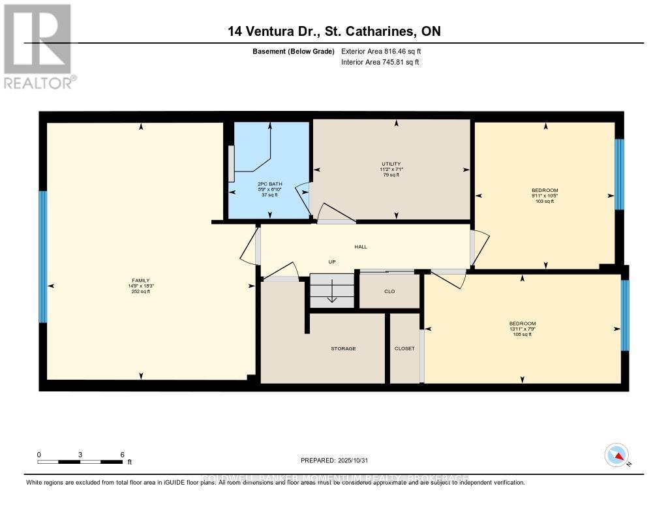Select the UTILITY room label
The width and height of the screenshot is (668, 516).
point(391,164)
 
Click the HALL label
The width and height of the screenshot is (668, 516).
point(361,247)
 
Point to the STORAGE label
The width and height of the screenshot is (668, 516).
point(343,348)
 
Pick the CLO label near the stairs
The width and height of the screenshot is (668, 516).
point(389,291)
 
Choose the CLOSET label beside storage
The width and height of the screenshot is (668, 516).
point(404,348)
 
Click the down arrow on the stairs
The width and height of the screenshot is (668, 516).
point(331,292)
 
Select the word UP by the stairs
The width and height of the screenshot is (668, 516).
point(331,262)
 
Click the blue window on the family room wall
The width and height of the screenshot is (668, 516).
point(43,256)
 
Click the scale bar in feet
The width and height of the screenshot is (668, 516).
point(80,461)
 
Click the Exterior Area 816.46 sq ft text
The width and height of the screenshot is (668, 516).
point(386,51)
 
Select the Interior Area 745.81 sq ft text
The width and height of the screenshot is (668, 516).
point(380,63)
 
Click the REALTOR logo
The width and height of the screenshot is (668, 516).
point(38,46)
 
